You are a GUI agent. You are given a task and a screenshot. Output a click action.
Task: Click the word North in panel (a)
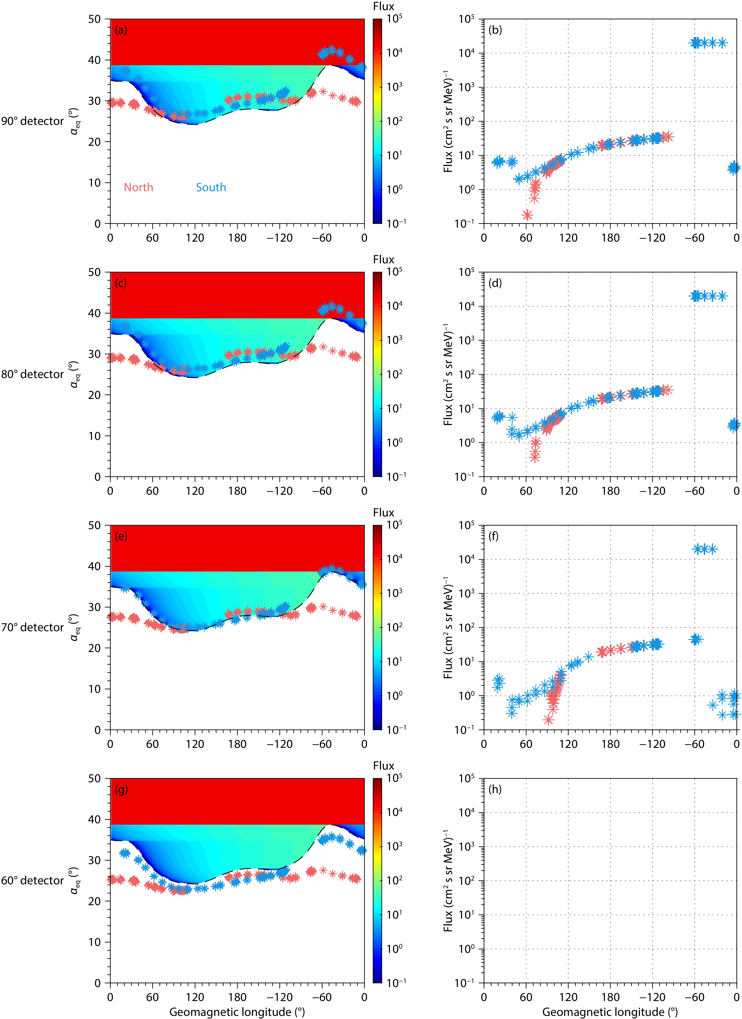pyautogui.click(x=138, y=187)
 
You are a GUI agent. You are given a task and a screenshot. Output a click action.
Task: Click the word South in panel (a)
pyautogui.click(x=211, y=187)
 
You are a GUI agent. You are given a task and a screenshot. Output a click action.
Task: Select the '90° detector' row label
pyautogui.click(x=32, y=121)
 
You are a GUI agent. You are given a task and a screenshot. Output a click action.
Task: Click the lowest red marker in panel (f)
pyautogui.click(x=548, y=720)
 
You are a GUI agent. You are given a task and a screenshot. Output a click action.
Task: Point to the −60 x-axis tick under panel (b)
pyautogui.click(x=694, y=238)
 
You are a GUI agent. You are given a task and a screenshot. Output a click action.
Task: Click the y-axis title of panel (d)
pyautogui.click(x=448, y=374)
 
